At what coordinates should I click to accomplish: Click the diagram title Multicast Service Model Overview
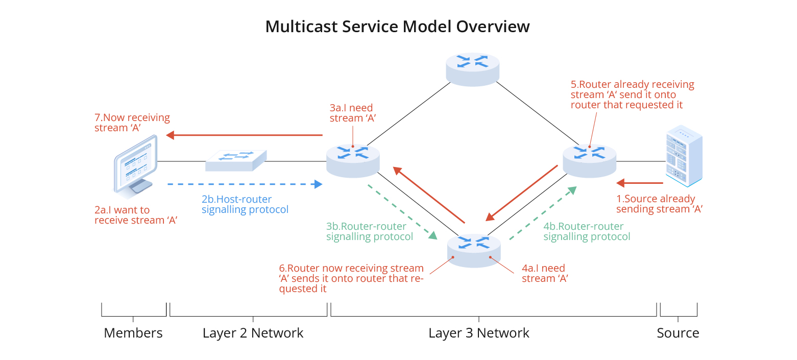click(x=397, y=27)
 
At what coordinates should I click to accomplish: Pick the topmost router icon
click(x=473, y=68)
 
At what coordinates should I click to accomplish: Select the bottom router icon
click(x=474, y=250)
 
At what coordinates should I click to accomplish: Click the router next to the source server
click(x=590, y=160)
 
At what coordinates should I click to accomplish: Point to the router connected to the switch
click(x=353, y=160)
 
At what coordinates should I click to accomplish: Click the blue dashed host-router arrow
click(x=245, y=184)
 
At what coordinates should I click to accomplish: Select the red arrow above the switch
click(x=245, y=135)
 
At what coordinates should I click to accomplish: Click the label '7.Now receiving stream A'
click(x=132, y=123)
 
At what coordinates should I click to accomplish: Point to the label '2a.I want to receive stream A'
click(x=136, y=215)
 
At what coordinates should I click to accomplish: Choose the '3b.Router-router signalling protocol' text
click(x=369, y=231)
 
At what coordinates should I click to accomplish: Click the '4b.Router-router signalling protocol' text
click(x=587, y=231)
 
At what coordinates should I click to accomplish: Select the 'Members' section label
click(x=133, y=333)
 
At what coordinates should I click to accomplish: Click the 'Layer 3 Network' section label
click(x=479, y=333)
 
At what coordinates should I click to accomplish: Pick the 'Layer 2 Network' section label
click(x=253, y=333)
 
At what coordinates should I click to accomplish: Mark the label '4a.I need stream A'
click(x=545, y=273)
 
